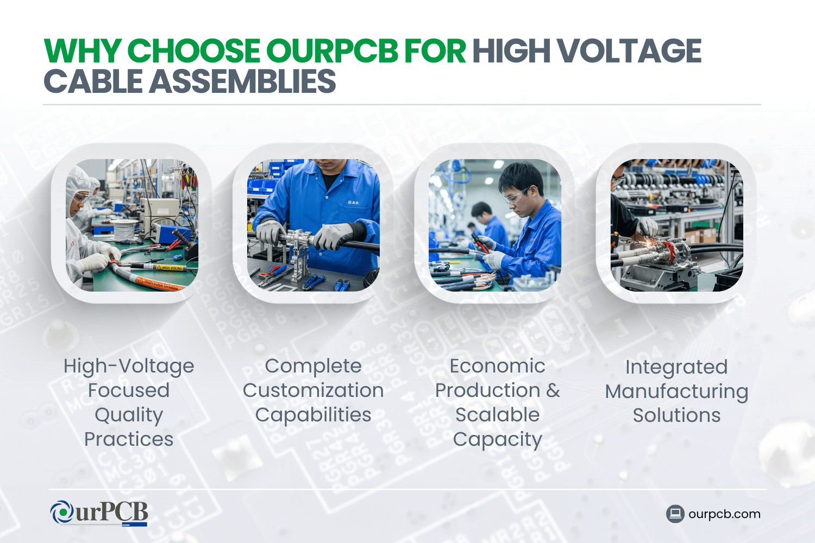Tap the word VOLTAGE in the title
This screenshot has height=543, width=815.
point(630,50)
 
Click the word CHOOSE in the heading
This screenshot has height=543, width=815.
point(193,50)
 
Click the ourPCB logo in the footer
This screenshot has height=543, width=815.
point(99,513)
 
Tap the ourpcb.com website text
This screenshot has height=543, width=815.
point(724,514)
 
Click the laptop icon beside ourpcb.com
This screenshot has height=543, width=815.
point(675,514)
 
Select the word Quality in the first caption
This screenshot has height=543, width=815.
point(129,415)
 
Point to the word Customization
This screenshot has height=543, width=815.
point(314,390)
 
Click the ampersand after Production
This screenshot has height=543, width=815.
point(553,390)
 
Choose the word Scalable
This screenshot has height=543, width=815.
point(497,415)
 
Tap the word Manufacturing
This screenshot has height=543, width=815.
point(676,392)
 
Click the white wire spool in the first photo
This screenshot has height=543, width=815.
point(124,229)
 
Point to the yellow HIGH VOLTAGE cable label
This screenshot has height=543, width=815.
point(169,268)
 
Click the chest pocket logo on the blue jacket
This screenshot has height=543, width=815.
point(352,202)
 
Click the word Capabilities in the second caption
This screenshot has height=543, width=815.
point(314,415)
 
